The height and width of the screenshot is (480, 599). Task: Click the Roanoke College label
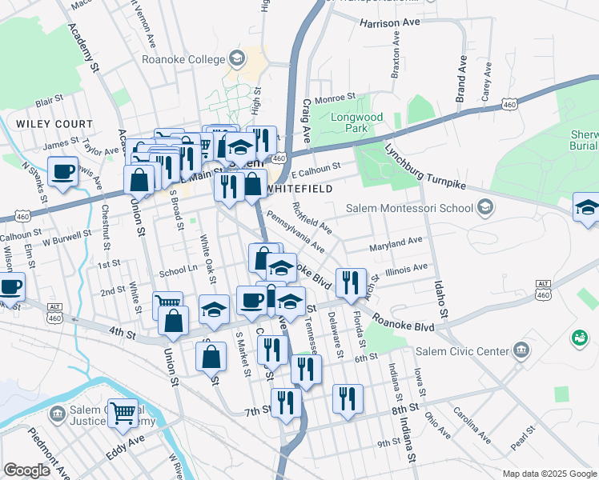(183, 58)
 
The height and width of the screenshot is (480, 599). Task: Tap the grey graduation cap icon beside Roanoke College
(236, 58)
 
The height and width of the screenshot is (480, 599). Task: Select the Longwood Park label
(357, 122)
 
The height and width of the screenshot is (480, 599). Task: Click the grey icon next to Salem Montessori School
(484, 209)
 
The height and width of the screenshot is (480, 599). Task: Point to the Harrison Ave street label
(390, 23)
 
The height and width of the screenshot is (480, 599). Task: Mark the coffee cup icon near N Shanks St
(62, 171)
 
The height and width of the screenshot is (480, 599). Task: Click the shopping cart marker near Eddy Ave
(123, 414)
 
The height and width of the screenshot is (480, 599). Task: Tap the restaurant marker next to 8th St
(348, 398)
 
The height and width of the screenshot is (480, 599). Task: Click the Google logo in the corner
(26, 470)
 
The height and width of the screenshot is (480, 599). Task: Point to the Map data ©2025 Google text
(549, 474)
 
